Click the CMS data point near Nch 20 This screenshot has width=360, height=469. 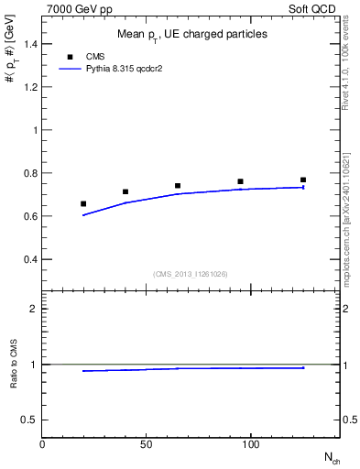83,203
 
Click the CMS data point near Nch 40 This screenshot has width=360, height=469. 125,191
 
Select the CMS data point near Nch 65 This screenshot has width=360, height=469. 178,186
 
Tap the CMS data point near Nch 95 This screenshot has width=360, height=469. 240,181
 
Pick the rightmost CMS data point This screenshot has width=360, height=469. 303,180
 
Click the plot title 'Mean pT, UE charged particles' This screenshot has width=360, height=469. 192,35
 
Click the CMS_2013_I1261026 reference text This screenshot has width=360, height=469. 190,274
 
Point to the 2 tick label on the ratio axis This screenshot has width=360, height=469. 33,309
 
